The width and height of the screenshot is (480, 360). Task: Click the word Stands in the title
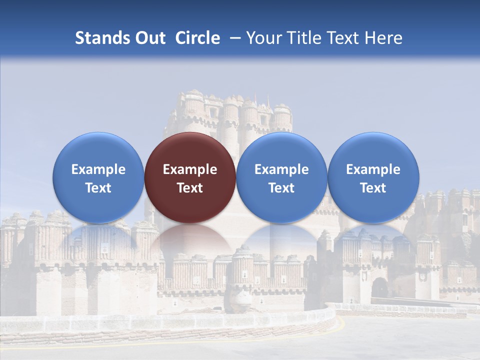pyautogui.click(x=100, y=38)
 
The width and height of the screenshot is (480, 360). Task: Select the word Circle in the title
pyautogui.click(x=197, y=38)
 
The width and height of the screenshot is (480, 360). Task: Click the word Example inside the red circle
pyautogui.click(x=190, y=169)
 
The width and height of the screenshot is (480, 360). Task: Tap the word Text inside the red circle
pyautogui.click(x=190, y=188)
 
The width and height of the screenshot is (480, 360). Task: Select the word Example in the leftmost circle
pyautogui.click(x=98, y=169)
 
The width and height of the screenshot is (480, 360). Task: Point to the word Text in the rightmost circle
pyautogui.click(x=373, y=188)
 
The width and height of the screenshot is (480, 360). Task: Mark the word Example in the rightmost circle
pyautogui.click(x=373, y=169)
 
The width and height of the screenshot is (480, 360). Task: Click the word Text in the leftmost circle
pyautogui.click(x=98, y=188)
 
